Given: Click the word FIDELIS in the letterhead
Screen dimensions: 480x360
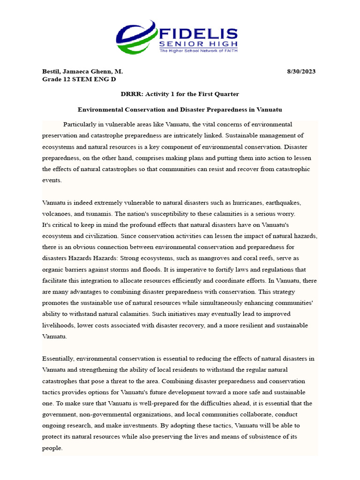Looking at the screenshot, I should tap(198, 34).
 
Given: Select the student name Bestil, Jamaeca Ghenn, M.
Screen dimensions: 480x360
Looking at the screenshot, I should tap(82, 71).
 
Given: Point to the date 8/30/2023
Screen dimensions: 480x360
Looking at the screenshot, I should tap(301, 71).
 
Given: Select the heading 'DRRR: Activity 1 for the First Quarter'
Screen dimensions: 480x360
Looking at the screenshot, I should tap(180, 94).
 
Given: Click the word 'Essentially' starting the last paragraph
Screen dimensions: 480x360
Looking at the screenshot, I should tap(58, 358).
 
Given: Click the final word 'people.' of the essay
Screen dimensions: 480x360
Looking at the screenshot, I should tap(52, 448).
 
